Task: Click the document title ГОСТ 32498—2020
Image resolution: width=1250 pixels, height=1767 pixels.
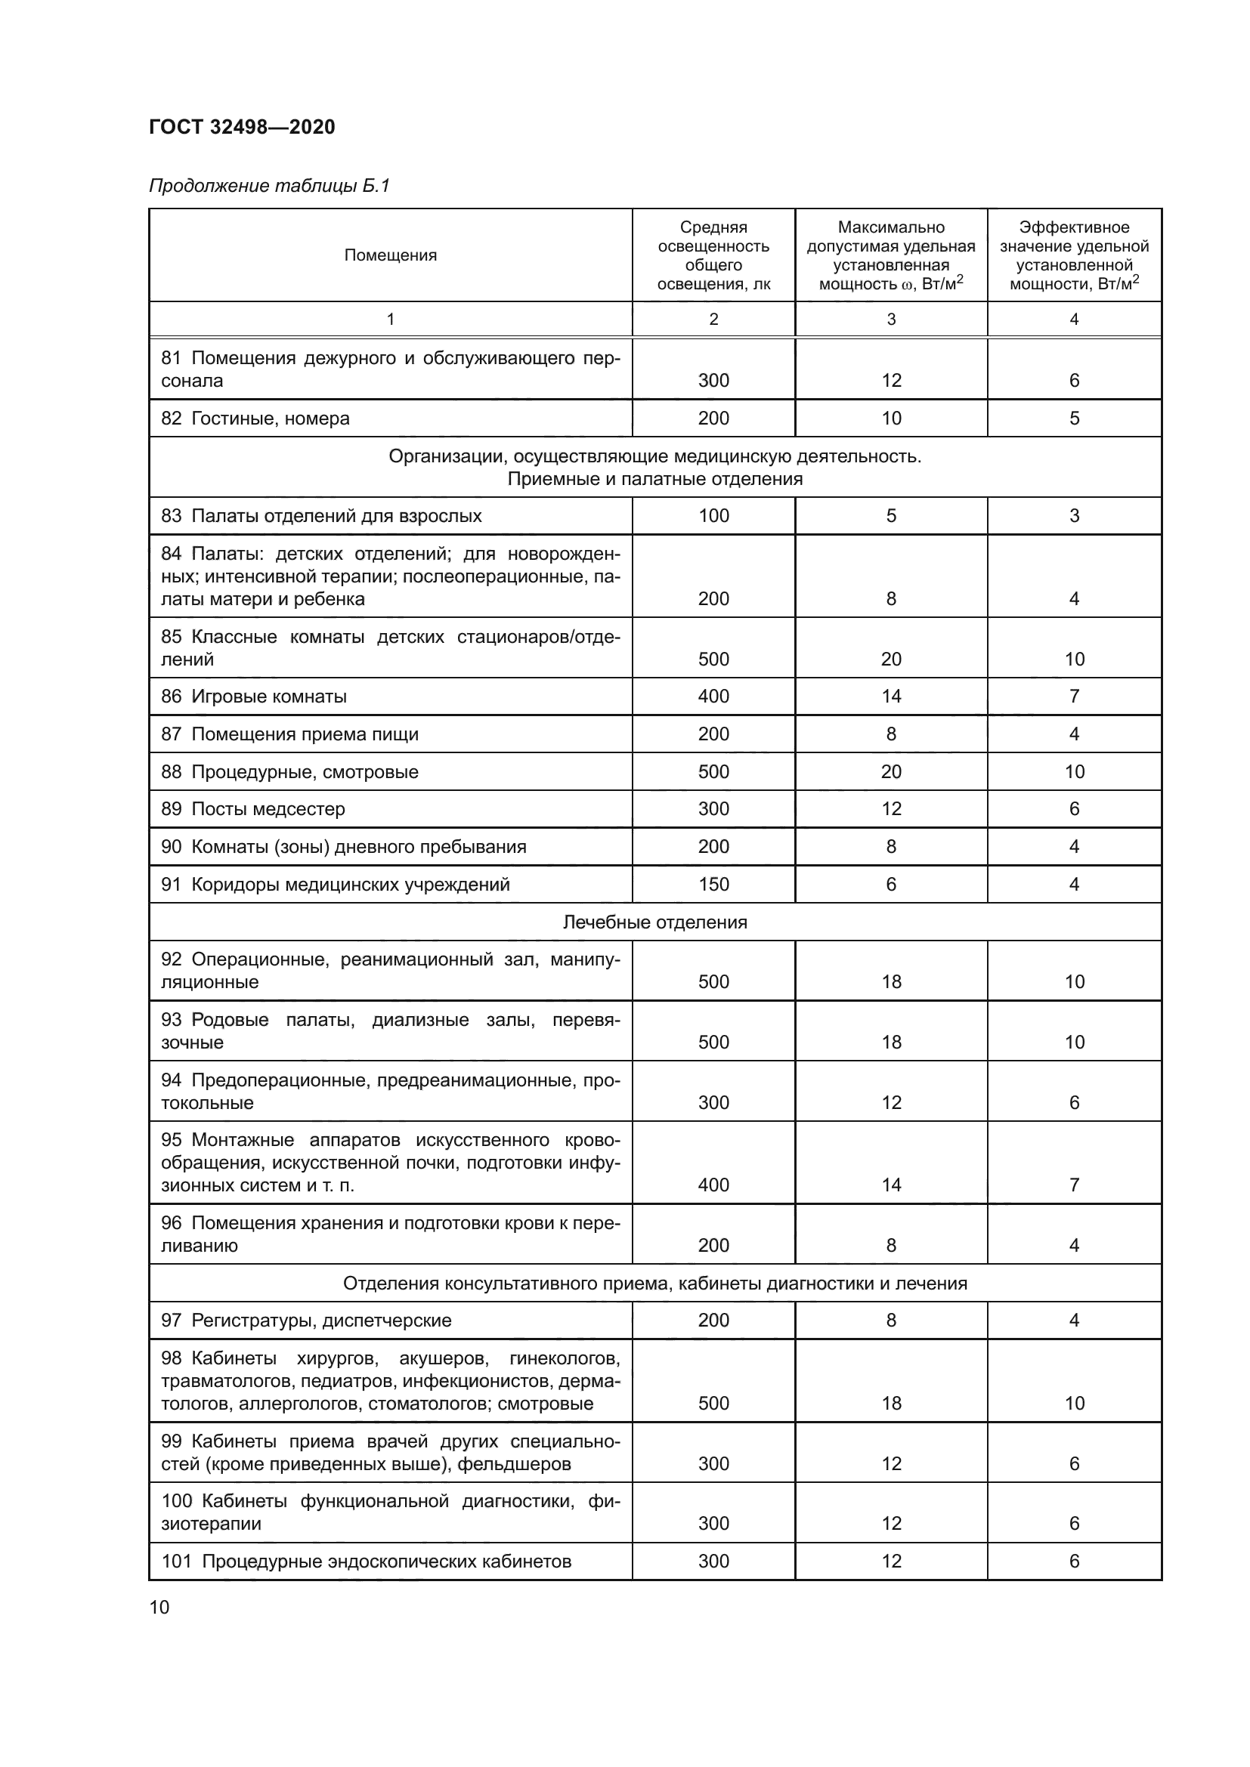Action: tap(242, 127)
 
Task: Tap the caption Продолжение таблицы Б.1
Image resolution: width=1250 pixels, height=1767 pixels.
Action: tap(269, 186)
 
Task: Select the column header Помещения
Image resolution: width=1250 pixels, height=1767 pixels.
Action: tap(390, 255)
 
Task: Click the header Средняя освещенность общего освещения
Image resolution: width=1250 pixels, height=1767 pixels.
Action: tap(713, 255)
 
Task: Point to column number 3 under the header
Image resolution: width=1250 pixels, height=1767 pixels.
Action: tap(890, 320)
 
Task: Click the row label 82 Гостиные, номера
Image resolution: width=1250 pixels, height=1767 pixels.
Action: tap(255, 419)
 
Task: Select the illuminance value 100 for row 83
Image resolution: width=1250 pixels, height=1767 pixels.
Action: tap(713, 516)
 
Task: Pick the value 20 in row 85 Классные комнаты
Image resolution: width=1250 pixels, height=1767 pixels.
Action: tap(890, 659)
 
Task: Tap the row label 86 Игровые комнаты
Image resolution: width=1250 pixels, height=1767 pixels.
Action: tap(254, 697)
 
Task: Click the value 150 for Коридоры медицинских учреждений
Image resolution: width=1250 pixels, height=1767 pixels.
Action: tap(713, 885)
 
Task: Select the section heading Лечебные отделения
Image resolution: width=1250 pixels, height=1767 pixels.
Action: tap(654, 922)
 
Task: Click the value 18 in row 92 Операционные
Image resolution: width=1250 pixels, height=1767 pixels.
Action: tap(890, 981)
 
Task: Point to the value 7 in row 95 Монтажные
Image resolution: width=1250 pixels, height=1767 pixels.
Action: tap(1074, 1185)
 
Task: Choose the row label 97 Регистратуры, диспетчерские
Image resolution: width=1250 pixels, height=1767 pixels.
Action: tap(306, 1321)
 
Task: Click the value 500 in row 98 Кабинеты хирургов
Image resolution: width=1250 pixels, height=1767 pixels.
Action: tap(713, 1403)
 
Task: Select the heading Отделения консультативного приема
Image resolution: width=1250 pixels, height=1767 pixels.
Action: tap(654, 1283)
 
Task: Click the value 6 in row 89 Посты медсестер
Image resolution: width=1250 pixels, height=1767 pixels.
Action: tap(1074, 809)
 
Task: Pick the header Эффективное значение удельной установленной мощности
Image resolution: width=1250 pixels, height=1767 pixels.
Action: tap(1074, 255)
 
